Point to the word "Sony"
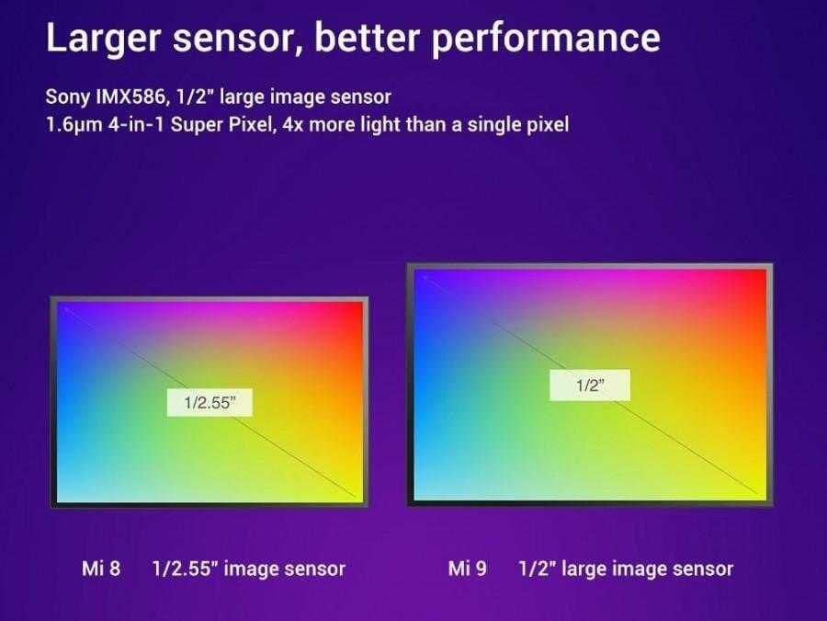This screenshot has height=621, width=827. [65, 97]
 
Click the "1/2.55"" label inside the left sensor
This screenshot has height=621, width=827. [210, 401]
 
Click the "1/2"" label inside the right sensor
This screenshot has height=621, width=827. [589, 385]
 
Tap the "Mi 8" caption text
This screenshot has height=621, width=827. [101, 568]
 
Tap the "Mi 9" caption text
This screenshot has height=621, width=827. [467, 568]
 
